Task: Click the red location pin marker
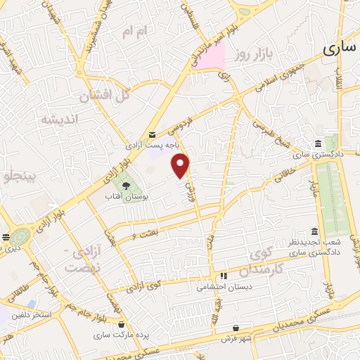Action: pyautogui.click(x=181, y=165)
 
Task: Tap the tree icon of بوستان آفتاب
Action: pyautogui.click(x=126, y=186)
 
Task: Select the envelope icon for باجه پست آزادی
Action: pyautogui.click(x=151, y=135)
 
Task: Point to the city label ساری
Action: pyautogui.click(x=340, y=48)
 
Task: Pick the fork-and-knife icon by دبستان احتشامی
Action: pyautogui.click(x=224, y=276)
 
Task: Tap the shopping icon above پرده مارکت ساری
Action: pyautogui.click(x=123, y=325)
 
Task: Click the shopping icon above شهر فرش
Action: pyautogui.click(x=235, y=327)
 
